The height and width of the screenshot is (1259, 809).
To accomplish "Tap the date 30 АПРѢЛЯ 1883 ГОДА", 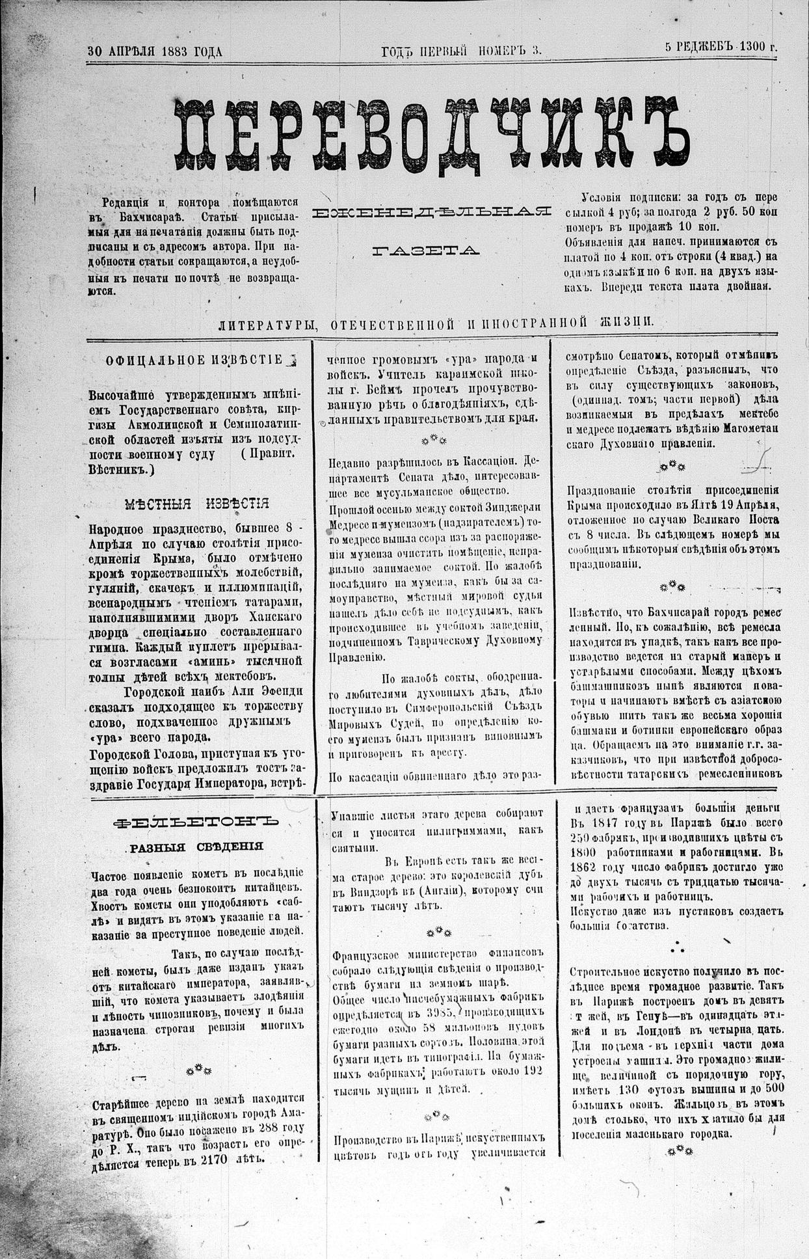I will click(155, 51).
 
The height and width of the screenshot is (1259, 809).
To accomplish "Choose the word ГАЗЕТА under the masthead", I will click(427, 250).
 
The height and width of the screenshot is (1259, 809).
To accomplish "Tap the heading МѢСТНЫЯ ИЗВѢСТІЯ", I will click(196, 503).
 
